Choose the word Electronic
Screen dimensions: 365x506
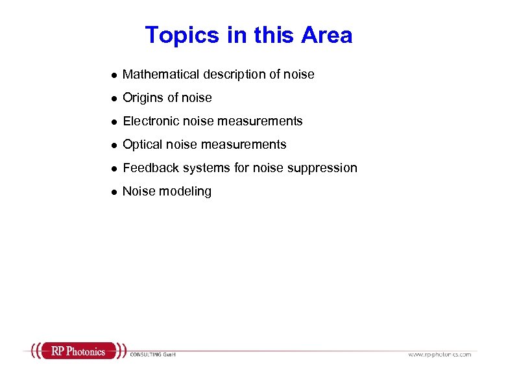point(151,121)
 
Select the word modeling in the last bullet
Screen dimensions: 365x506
point(187,192)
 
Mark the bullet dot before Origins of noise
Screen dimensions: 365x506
point(114,99)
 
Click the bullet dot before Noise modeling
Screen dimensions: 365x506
point(114,192)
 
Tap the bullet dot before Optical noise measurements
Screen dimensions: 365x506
point(114,145)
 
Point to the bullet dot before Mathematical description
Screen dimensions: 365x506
point(114,75)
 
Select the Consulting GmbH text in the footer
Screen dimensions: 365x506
point(153,355)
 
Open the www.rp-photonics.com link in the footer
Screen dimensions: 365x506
point(440,355)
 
